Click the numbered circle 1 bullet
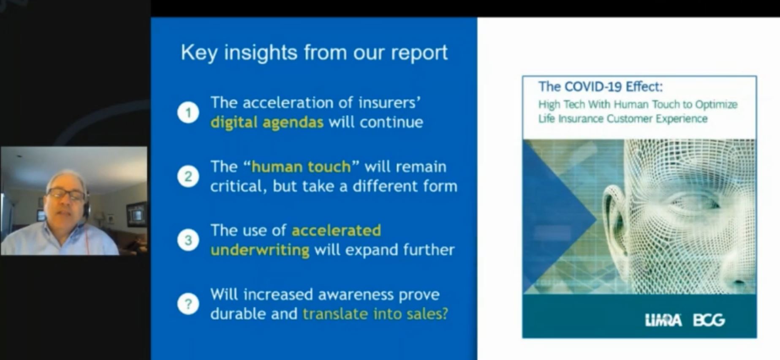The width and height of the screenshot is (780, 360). click(188, 112)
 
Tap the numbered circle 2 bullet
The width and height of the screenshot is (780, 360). click(188, 176)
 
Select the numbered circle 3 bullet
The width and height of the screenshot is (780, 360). click(188, 240)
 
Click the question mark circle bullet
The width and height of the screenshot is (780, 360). click(188, 304)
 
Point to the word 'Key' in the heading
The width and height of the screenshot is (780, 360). click(199, 53)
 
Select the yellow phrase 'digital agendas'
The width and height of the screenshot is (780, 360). click(267, 123)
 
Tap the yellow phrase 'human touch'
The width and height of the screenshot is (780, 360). click(301, 166)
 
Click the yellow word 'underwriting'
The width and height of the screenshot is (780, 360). click(260, 250)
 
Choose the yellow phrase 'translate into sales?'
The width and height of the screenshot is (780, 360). click(375, 314)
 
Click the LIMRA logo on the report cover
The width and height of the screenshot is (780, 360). click(663, 320)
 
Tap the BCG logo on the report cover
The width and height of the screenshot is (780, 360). click(709, 320)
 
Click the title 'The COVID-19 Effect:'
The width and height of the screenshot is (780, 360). click(601, 87)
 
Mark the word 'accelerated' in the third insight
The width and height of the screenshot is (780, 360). click(336, 230)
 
